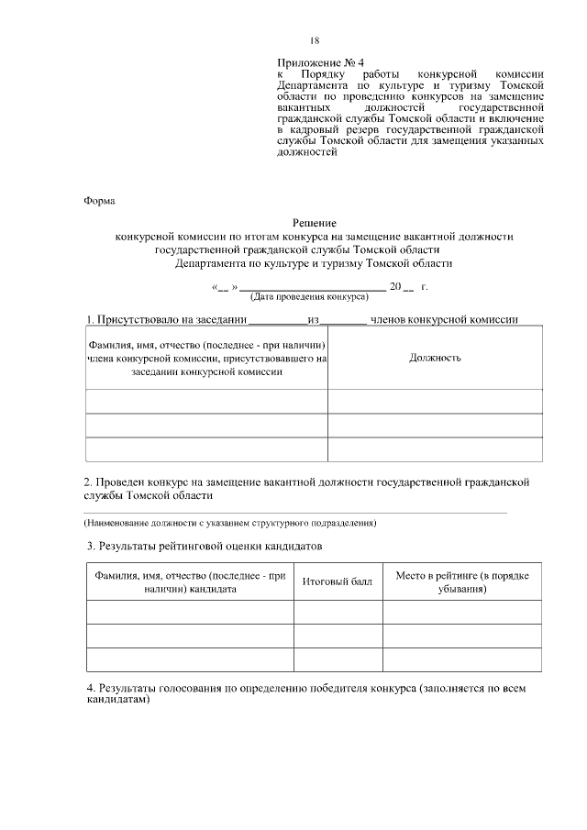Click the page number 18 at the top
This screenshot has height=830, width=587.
(x=315, y=40)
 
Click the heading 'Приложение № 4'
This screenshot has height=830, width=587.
(x=314, y=62)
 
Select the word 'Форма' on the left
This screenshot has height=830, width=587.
(x=101, y=201)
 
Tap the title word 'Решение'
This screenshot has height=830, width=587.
(x=315, y=223)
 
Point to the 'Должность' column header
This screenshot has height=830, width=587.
(x=435, y=358)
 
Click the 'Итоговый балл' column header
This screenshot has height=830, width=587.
(x=338, y=582)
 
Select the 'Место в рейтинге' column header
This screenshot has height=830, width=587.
(x=461, y=582)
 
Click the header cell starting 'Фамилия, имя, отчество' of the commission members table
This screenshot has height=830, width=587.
(x=207, y=358)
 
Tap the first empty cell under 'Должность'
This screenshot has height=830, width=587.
(x=435, y=402)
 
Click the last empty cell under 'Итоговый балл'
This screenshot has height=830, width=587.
(x=338, y=660)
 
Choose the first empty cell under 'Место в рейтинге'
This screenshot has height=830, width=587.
(x=461, y=613)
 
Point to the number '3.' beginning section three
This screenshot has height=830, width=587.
(x=93, y=547)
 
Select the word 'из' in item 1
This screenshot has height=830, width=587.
(x=314, y=320)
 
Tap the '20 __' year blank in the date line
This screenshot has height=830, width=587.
(x=402, y=287)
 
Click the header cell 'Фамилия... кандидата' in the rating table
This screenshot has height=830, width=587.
(x=190, y=582)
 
